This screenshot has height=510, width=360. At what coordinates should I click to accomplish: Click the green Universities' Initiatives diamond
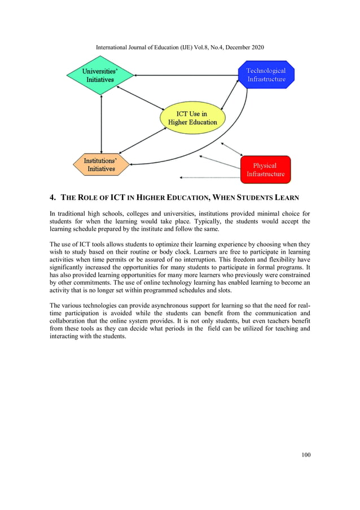tap(100, 76)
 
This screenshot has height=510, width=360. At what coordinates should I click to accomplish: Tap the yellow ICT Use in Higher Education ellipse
tap(192, 118)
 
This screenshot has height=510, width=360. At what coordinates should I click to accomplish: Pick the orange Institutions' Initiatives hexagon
tap(100, 165)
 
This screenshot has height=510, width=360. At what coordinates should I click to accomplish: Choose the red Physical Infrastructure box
tap(265, 170)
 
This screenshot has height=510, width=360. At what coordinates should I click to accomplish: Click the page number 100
tap(305, 455)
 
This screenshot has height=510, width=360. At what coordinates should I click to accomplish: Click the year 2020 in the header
tap(254, 47)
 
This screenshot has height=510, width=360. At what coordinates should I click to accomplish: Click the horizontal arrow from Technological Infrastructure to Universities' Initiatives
tap(186, 75)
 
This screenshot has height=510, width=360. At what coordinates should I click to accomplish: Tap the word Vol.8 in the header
tap(186, 47)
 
